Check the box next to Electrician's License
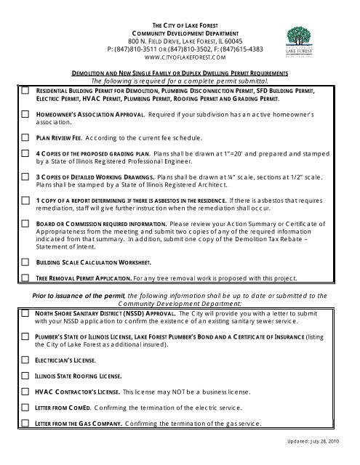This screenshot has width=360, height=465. coord(25,359)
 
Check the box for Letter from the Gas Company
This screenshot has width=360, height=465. coord(25,423)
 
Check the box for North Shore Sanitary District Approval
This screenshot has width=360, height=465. coord(25,313)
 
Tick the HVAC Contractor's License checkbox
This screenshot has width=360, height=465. coord(25,391)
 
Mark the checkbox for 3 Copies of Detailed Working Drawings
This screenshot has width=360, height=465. coord(25,177)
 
